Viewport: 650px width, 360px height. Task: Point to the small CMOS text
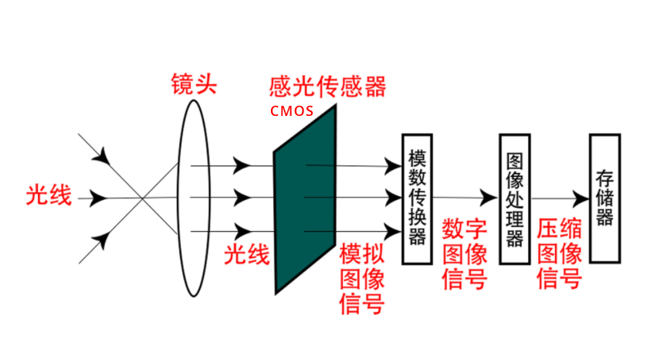(x=292, y=110)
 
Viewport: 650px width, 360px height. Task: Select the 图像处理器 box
(x=514, y=199)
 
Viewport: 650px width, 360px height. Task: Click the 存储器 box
(x=604, y=199)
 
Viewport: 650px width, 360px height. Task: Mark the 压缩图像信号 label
(x=559, y=253)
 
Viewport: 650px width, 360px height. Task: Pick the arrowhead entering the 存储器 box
(x=581, y=199)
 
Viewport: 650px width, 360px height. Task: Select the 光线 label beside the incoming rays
(x=49, y=196)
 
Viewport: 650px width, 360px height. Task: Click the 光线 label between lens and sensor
(x=247, y=254)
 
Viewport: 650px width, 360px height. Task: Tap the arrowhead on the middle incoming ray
(x=98, y=199)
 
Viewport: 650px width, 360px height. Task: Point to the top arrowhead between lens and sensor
(x=242, y=165)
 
